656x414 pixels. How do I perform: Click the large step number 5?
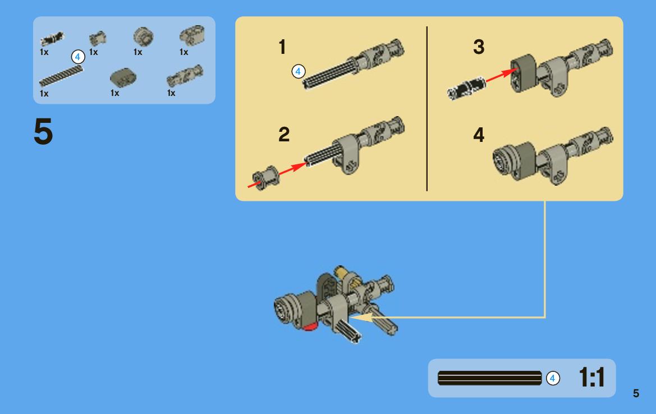click(43, 131)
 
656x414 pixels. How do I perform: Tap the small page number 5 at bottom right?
click(636, 393)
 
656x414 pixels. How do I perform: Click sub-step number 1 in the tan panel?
click(282, 47)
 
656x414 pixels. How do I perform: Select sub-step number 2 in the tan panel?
click(283, 134)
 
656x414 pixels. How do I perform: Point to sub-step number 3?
click(479, 47)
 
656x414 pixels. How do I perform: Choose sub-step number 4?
click(479, 135)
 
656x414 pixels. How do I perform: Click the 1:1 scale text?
click(591, 378)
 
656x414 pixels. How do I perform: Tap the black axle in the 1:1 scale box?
click(489, 378)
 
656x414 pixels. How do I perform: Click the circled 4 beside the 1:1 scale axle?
click(553, 379)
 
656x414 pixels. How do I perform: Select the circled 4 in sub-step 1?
click(299, 71)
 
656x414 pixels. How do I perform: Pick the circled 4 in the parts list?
click(78, 57)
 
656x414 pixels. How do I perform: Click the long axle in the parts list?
click(61, 76)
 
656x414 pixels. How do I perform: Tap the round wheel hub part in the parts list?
click(143, 36)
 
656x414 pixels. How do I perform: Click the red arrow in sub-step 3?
click(502, 75)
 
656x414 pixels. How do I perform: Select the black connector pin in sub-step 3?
click(466, 88)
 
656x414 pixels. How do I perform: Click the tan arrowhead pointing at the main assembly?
click(361, 318)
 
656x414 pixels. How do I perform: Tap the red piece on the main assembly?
click(310, 327)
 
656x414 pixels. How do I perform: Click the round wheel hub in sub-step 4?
click(503, 160)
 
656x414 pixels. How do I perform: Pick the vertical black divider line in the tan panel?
click(426, 109)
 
